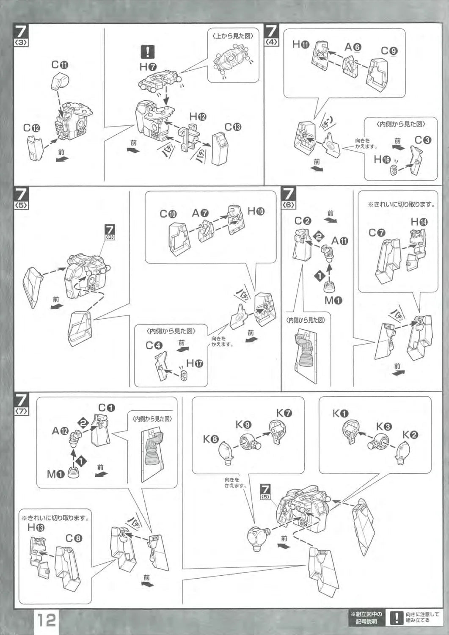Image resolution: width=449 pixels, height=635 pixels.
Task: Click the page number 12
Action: pos(46,620)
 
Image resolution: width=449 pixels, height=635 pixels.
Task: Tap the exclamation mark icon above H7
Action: pos(147,52)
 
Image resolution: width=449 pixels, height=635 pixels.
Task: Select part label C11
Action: pos(60,65)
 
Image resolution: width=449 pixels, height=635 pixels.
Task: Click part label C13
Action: pos(233,127)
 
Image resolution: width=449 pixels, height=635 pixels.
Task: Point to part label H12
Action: pos(198,116)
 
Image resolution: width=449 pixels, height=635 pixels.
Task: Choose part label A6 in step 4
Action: pos(353,47)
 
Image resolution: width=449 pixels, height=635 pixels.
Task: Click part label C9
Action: pos(389,51)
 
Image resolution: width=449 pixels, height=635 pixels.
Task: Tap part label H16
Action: pos(382,159)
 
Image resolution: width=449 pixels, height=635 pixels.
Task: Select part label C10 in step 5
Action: pos(168,214)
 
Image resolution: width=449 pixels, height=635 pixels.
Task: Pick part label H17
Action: pos(195,363)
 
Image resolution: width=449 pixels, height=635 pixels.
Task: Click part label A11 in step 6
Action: pos(339,241)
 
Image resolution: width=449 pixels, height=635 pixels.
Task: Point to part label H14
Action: pos(419,221)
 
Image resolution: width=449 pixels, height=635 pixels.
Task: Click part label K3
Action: pos(384,427)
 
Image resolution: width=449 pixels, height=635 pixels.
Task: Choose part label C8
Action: pos(74,538)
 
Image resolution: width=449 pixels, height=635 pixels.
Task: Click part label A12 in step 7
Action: pos(60,431)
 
